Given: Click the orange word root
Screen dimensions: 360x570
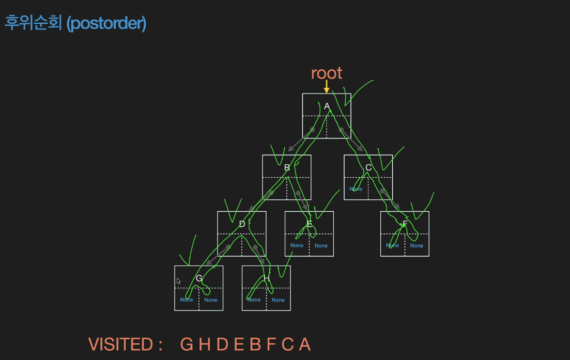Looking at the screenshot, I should pos(327,73).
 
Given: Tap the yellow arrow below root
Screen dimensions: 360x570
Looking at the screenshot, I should pos(327,87).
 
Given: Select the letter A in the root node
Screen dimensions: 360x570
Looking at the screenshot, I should pos(327,106).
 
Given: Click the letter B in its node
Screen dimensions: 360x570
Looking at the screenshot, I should pos(287,167).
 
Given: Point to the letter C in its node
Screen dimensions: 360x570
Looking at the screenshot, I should pos(368,167).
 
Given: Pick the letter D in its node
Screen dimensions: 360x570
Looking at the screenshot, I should pos(242,224).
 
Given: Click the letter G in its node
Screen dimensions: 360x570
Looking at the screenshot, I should pos(199,278).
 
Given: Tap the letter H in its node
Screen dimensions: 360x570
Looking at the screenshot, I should pos(266,278).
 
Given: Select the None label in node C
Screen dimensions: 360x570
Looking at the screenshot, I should pos(356,189).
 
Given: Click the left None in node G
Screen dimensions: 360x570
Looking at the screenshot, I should pos(187,300).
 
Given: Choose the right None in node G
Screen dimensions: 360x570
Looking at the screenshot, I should pos(211,300).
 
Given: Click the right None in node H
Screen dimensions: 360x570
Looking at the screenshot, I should pos(278,300).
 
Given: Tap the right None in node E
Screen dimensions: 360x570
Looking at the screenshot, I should pos(321,246).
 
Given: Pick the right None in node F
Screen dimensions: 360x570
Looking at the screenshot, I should pos(417,246).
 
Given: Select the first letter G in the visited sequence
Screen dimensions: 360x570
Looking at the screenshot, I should pos(186,345).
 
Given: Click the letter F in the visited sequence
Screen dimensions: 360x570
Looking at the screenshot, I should pos(271,345).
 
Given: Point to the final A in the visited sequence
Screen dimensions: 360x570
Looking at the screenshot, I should pos(305,345).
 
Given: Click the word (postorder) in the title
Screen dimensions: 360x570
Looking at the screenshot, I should pos(106,23).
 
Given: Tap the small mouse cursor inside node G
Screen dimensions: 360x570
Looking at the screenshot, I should pos(179,281).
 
